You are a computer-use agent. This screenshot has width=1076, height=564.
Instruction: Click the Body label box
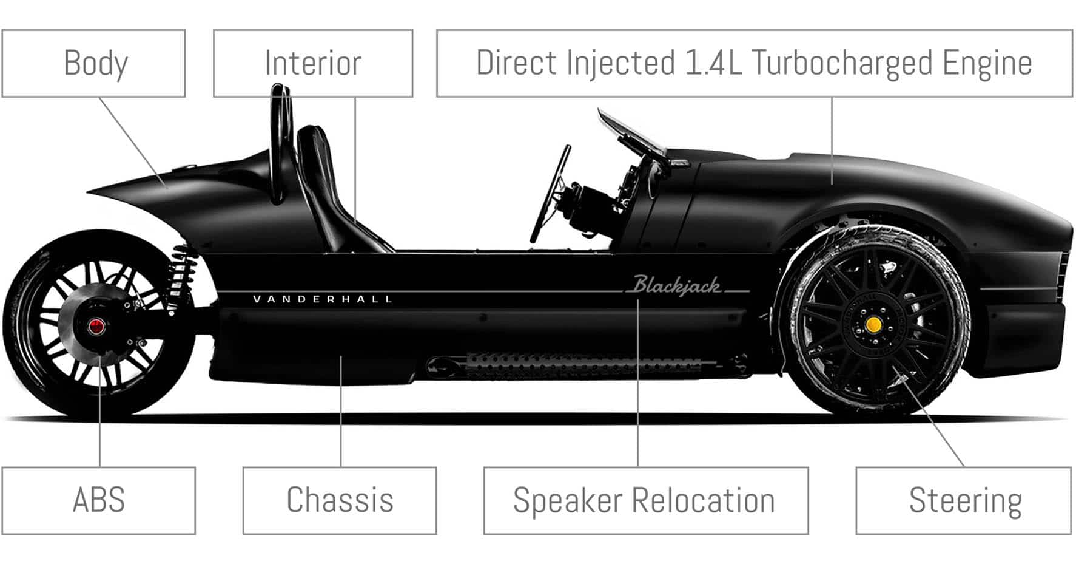click(93, 63)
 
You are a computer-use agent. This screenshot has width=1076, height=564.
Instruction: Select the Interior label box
click(313, 63)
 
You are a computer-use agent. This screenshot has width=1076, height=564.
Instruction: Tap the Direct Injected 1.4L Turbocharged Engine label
click(754, 63)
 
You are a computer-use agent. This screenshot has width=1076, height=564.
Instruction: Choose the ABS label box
click(98, 500)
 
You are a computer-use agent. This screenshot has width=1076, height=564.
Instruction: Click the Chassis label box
click(340, 500)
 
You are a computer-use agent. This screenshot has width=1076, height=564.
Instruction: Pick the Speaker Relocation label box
click(645, 500)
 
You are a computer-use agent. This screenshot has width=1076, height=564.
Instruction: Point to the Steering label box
click(963, 500)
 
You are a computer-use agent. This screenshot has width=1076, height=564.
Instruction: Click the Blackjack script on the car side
click(677, 285)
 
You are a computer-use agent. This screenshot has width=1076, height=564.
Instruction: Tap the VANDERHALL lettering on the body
click(323, 299)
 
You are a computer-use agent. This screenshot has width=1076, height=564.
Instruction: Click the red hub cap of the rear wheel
click(96, 327)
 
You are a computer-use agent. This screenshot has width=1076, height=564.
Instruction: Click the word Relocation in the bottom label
click(703, 500)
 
